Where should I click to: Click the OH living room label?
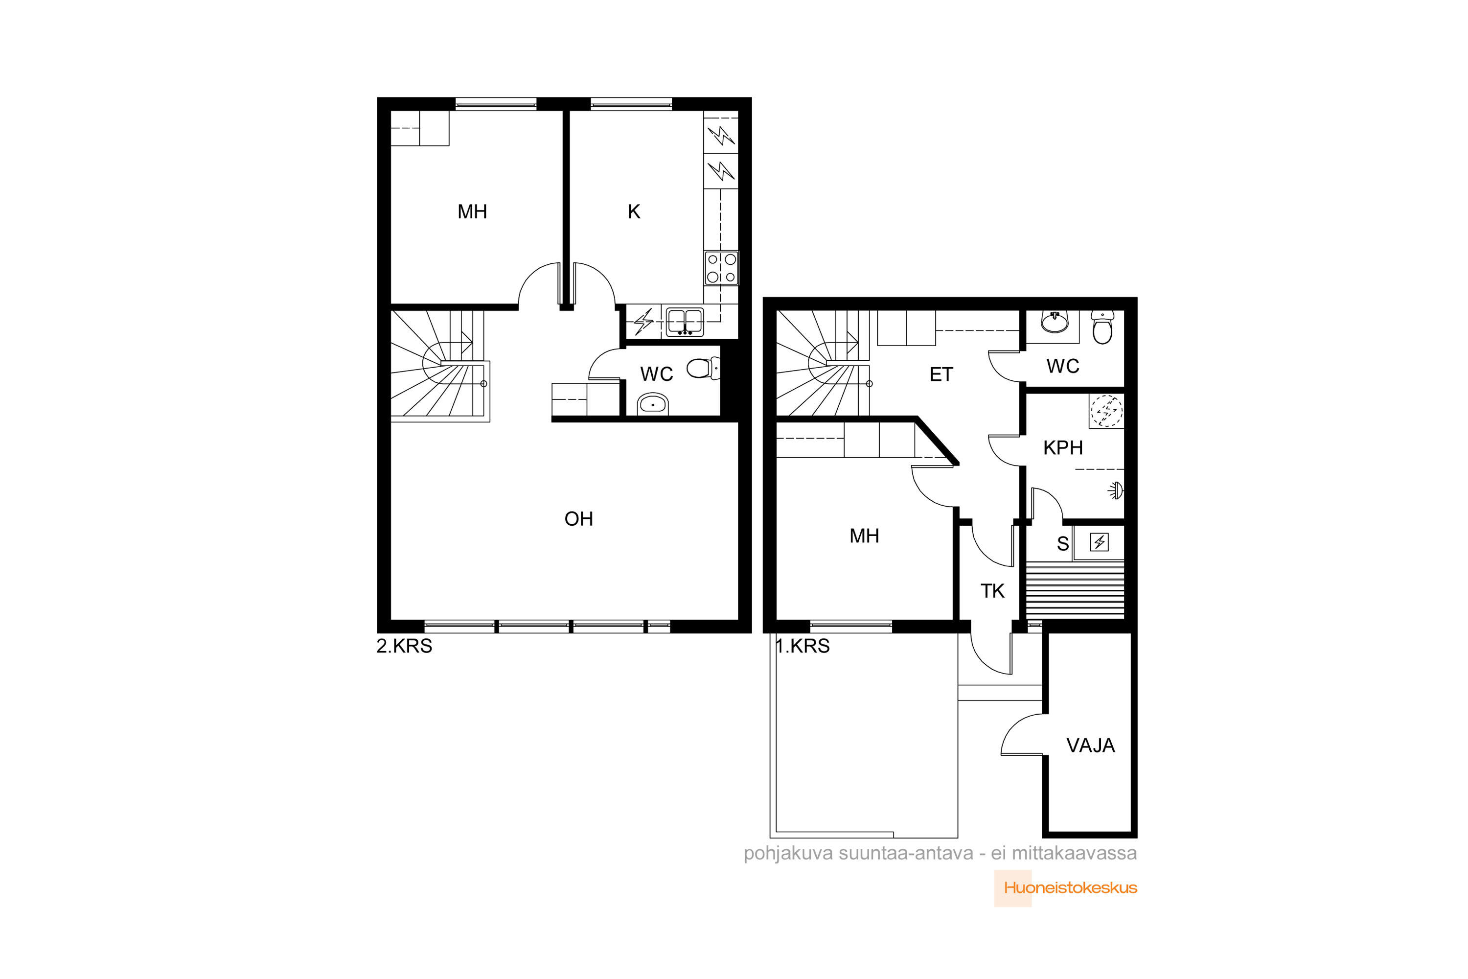tap(578, 519)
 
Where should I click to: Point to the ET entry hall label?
tap(941, 374)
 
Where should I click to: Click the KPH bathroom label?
tap(1063, 448)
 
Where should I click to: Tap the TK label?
tap(992, 591)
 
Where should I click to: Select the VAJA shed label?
tap(1090, 746)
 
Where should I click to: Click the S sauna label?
tap(1062, 544)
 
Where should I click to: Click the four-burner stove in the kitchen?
tap(721, 268)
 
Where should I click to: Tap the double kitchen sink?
tap(685, 322)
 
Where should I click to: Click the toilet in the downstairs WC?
tap(1102, 328)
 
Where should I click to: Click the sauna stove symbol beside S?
tap(1099, 542)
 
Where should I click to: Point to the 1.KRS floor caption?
tap(803, 646)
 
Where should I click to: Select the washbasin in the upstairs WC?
tap(652, 405)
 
